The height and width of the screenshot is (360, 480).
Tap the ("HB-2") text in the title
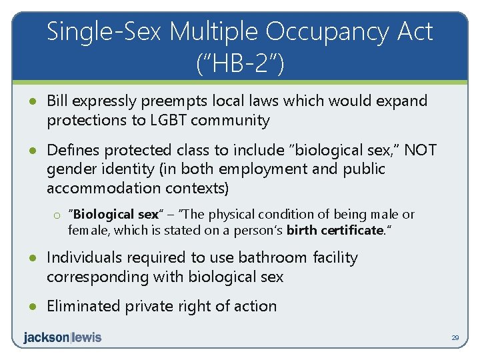tap(240, 64)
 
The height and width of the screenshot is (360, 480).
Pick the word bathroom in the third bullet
tap(263, 257)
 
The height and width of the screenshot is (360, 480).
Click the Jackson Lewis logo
tap(62, 337)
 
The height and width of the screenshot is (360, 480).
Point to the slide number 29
tap(455, 339)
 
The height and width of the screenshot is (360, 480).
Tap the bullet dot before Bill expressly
tap(32, 102)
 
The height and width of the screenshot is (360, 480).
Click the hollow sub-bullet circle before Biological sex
tap(58, 215)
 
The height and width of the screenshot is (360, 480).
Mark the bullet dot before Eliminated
tap(32, 307)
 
